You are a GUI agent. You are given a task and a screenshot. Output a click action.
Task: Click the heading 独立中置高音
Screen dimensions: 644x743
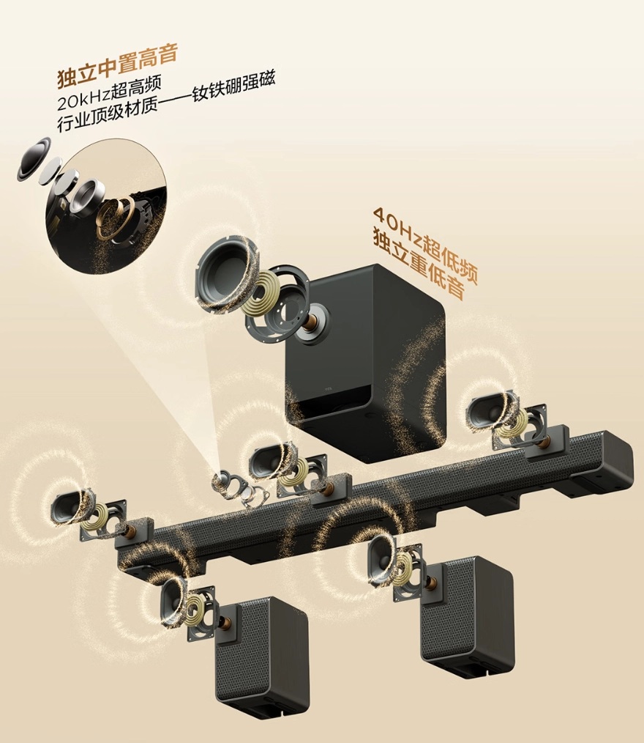[117, 67]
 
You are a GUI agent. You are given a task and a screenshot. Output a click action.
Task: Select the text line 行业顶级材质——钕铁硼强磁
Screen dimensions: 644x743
[165, 101]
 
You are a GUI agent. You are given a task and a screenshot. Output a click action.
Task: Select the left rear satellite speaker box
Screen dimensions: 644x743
[262, 657]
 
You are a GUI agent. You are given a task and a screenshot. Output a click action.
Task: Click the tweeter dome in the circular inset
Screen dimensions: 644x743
[34, 159]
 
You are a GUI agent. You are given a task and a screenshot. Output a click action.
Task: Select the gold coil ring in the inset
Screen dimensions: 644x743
[115, 217]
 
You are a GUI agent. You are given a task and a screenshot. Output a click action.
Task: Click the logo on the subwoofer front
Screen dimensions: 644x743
[329, 390]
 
